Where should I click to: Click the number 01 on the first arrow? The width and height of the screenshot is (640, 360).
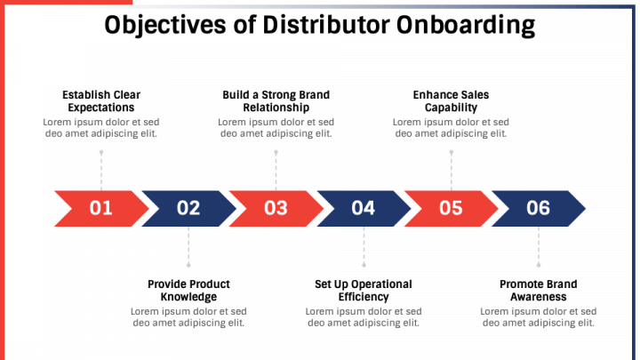(101, 208)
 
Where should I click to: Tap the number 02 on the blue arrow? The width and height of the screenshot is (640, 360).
(188, 208)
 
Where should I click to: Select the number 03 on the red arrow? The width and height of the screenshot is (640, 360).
(276, 208)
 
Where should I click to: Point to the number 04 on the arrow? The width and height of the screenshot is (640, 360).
(363, 208)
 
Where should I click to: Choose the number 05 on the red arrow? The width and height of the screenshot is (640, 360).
(451, 208)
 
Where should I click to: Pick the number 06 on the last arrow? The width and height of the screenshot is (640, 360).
(538, 208)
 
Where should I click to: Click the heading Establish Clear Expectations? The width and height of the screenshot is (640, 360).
(101, 100)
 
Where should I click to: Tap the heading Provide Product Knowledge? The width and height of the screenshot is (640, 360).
(188, 291)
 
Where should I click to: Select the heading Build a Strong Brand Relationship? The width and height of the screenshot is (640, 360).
(276, 100)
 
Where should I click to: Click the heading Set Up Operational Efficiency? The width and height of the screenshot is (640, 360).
(364, 291)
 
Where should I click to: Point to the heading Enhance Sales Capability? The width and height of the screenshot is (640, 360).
(451, 100)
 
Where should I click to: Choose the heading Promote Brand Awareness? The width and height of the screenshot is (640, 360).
(538, 291)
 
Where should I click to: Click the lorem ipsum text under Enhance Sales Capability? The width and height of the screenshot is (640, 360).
(451, 128)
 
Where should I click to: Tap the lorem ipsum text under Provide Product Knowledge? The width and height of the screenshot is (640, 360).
(188, 317)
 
